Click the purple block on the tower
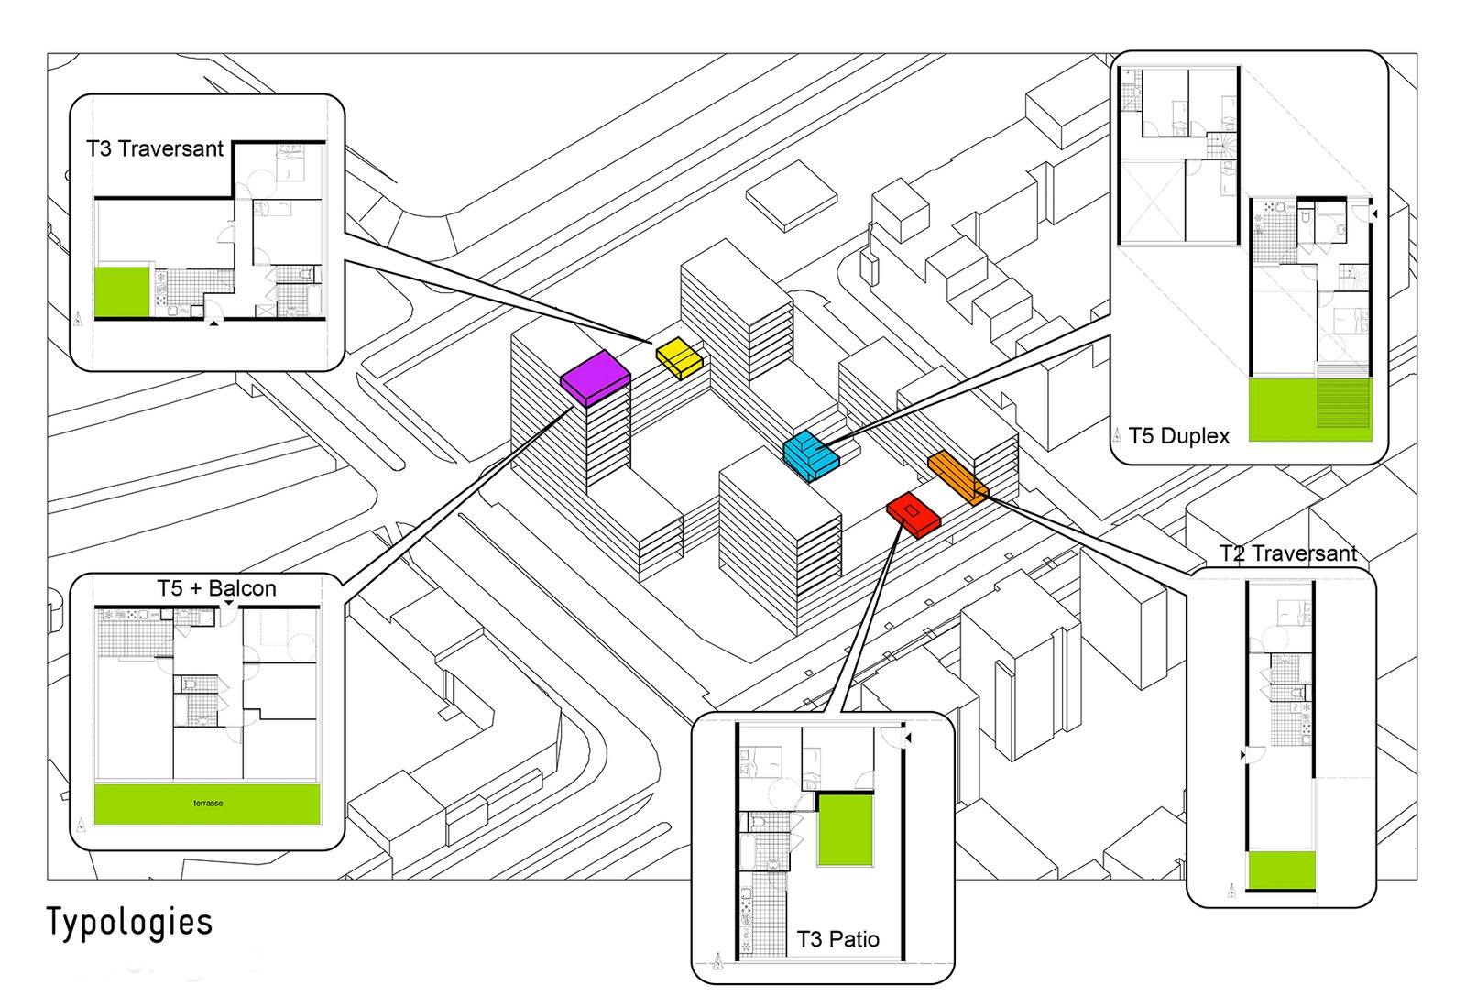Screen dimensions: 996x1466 coord(595,376)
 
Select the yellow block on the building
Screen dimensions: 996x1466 coord(679,356)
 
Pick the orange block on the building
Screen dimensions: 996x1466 coord(957,476)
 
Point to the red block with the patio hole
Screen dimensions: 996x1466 coord(914,513)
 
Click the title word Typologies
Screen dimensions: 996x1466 coord(129,923)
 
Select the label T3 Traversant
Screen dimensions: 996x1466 coord(155,148)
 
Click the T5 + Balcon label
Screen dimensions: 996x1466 coord(216,588)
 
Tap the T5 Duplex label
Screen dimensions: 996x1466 coord(1178,436)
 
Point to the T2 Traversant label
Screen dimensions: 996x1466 coord(1287,553)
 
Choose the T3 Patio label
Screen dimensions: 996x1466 coord(837,939)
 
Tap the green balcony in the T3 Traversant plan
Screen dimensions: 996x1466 coord(122,292)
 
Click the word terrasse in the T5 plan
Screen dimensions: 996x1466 coord(208,804)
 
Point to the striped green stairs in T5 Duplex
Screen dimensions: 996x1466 coord(1344,403)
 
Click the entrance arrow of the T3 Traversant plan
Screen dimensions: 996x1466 coord(213,323)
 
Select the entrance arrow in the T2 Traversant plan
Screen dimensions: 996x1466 coord(1243,755)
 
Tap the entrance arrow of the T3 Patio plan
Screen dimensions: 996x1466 coord(907,738)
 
